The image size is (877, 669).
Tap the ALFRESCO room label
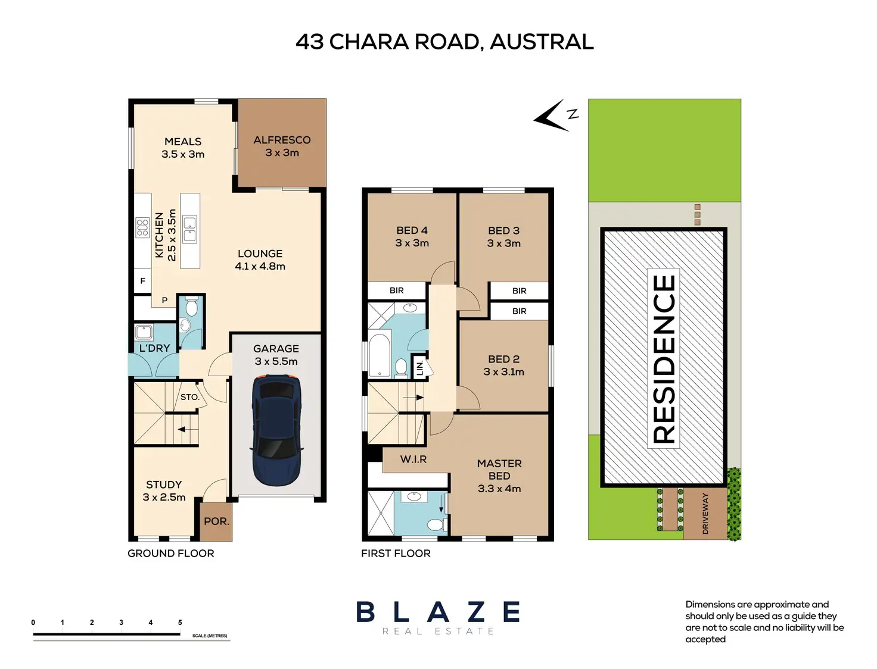coord(282,140)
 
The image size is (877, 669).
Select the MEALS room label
coord(183,142)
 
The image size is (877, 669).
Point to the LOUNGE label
coord(260,254)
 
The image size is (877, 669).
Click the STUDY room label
coord(164,484)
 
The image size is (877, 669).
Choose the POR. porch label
coord(216,521)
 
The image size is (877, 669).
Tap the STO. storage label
coord(189,397)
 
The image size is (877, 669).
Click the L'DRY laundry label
coord(154,348)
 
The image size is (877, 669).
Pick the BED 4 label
coord(412,230)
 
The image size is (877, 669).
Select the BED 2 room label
coord(503,359)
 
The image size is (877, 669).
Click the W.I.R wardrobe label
coord(413,459)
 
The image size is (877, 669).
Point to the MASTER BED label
coord(499,470)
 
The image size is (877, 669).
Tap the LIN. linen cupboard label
coord(419,368)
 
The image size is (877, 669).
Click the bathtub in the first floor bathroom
coord(379,355)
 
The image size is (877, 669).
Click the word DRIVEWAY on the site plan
coord(705,514)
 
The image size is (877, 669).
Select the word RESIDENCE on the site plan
coord(664,359)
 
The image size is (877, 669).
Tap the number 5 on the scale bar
coord(180,623)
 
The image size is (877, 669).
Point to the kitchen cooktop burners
coord(142,228)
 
